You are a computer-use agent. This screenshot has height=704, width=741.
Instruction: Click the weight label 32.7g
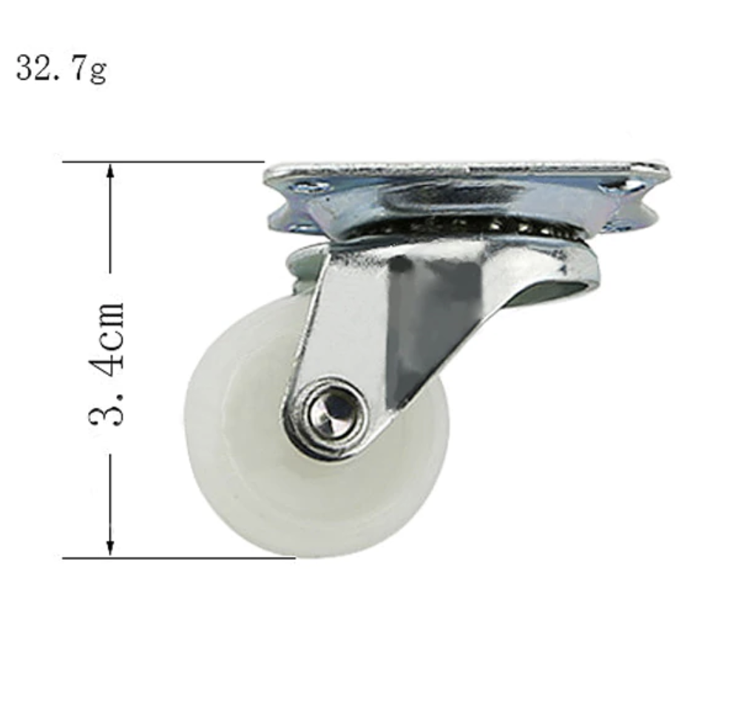[x=61, y=70]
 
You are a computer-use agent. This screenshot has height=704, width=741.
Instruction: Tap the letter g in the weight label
[x=98, y=72]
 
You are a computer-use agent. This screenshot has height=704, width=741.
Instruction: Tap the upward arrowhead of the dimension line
[x=110, y=172]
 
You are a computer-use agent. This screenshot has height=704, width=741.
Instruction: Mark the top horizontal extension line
[x=163, y=161]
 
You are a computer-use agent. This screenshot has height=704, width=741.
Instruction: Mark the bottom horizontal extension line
[x=177, y=558]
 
